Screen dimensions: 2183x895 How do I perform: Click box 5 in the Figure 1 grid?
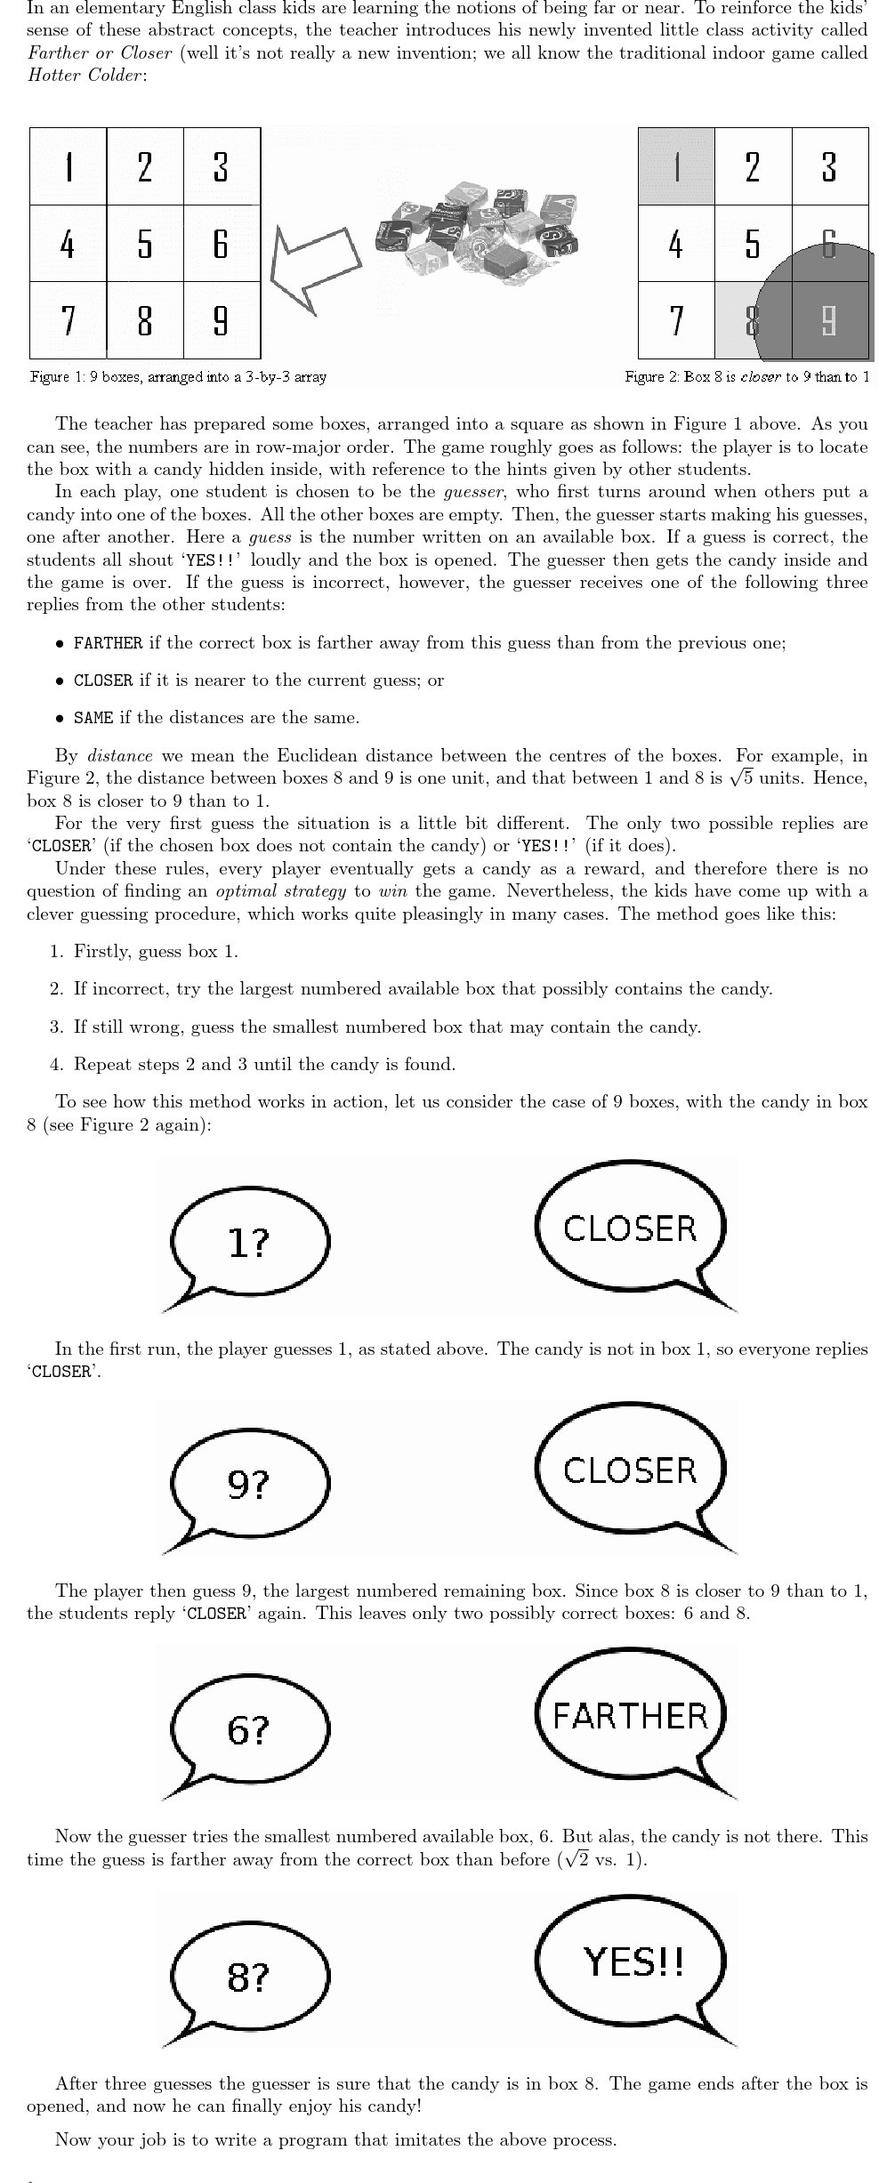point(145,243)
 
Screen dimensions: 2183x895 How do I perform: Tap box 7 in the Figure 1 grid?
point(68,319)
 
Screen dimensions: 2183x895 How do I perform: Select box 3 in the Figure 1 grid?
point(222,166)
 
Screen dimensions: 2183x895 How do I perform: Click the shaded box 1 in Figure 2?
point(676,166)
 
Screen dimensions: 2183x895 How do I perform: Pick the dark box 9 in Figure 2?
point(829,320)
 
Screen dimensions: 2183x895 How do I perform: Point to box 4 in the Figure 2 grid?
point(676,244)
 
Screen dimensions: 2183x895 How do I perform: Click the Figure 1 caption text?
point(178,377)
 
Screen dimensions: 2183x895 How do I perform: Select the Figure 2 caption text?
point(747,377)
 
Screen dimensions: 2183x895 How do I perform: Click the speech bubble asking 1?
point(250,1245)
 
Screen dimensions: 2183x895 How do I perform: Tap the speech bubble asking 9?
point(250,1486)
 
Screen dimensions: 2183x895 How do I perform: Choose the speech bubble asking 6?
point(250,1730)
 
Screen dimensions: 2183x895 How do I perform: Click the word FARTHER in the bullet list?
point(108,643)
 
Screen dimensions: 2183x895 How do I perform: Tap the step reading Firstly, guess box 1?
point(156,952)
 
